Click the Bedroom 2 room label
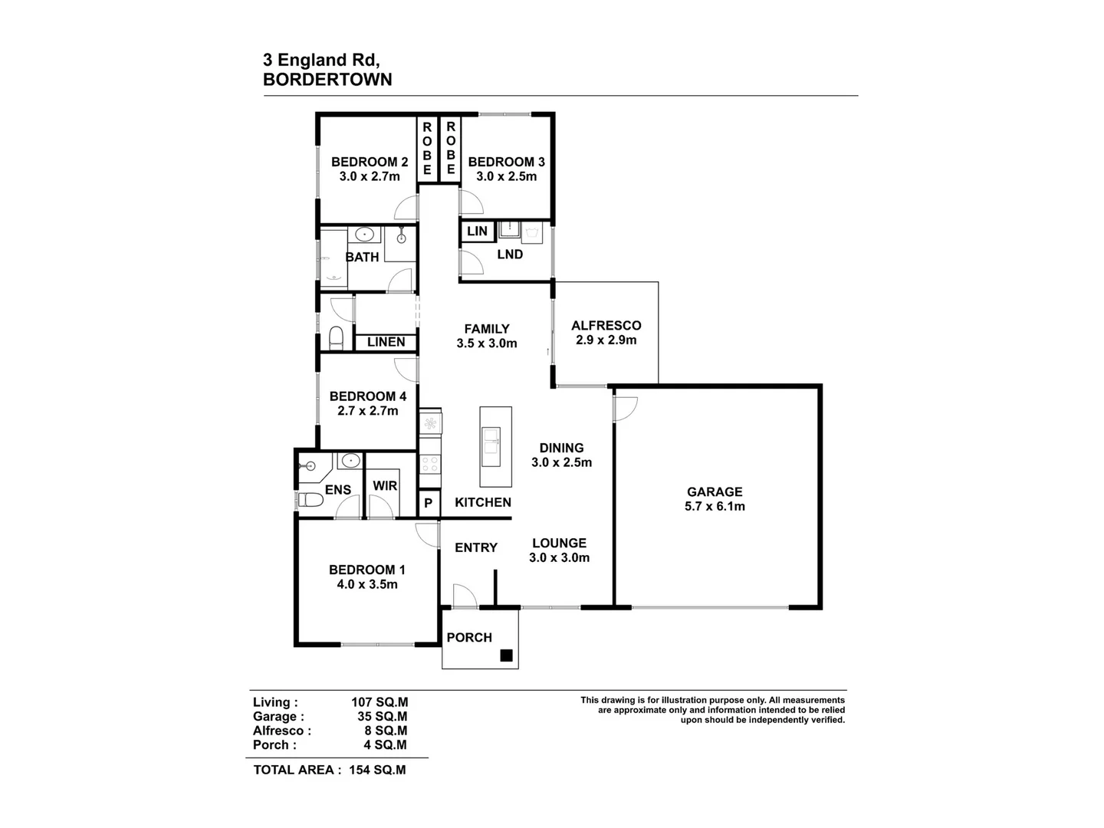coord(369,162)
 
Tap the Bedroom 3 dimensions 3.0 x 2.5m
coord(506,176)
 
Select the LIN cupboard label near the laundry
coord(477,231)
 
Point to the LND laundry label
coord(510,254)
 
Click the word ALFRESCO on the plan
coord(606,325)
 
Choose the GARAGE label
coord(715,491)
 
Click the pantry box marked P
coord(429,503)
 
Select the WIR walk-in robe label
coord(385,485)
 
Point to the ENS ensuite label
coord(338,490)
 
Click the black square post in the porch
coord(506,655)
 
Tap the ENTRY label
coord(476,547)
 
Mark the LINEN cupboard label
coord(386,342)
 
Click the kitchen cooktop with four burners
coord(430,463)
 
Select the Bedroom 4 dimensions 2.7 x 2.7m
coord(368,411)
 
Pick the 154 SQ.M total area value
coord(377,770)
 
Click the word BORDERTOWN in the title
coord(327,80)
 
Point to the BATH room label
coord(362,257)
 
